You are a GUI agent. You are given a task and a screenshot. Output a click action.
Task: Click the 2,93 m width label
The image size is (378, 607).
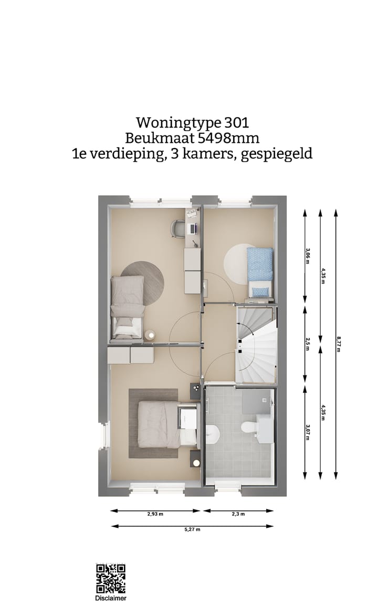click(155, 514)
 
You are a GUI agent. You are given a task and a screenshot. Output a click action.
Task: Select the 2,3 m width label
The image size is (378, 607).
click(239, 514)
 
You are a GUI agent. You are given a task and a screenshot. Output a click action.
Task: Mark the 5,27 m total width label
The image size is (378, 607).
click(193, 529)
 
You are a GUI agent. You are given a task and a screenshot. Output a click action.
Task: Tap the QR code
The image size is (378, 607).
click(110, 579)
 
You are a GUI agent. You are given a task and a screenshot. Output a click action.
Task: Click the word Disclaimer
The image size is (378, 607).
click(110, 598)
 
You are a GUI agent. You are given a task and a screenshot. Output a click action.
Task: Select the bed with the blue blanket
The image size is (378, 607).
click(260, 272)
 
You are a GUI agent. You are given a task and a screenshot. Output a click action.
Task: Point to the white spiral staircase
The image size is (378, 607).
click(255, 344)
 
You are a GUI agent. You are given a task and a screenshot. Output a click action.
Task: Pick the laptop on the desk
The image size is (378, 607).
click(193, 228)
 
